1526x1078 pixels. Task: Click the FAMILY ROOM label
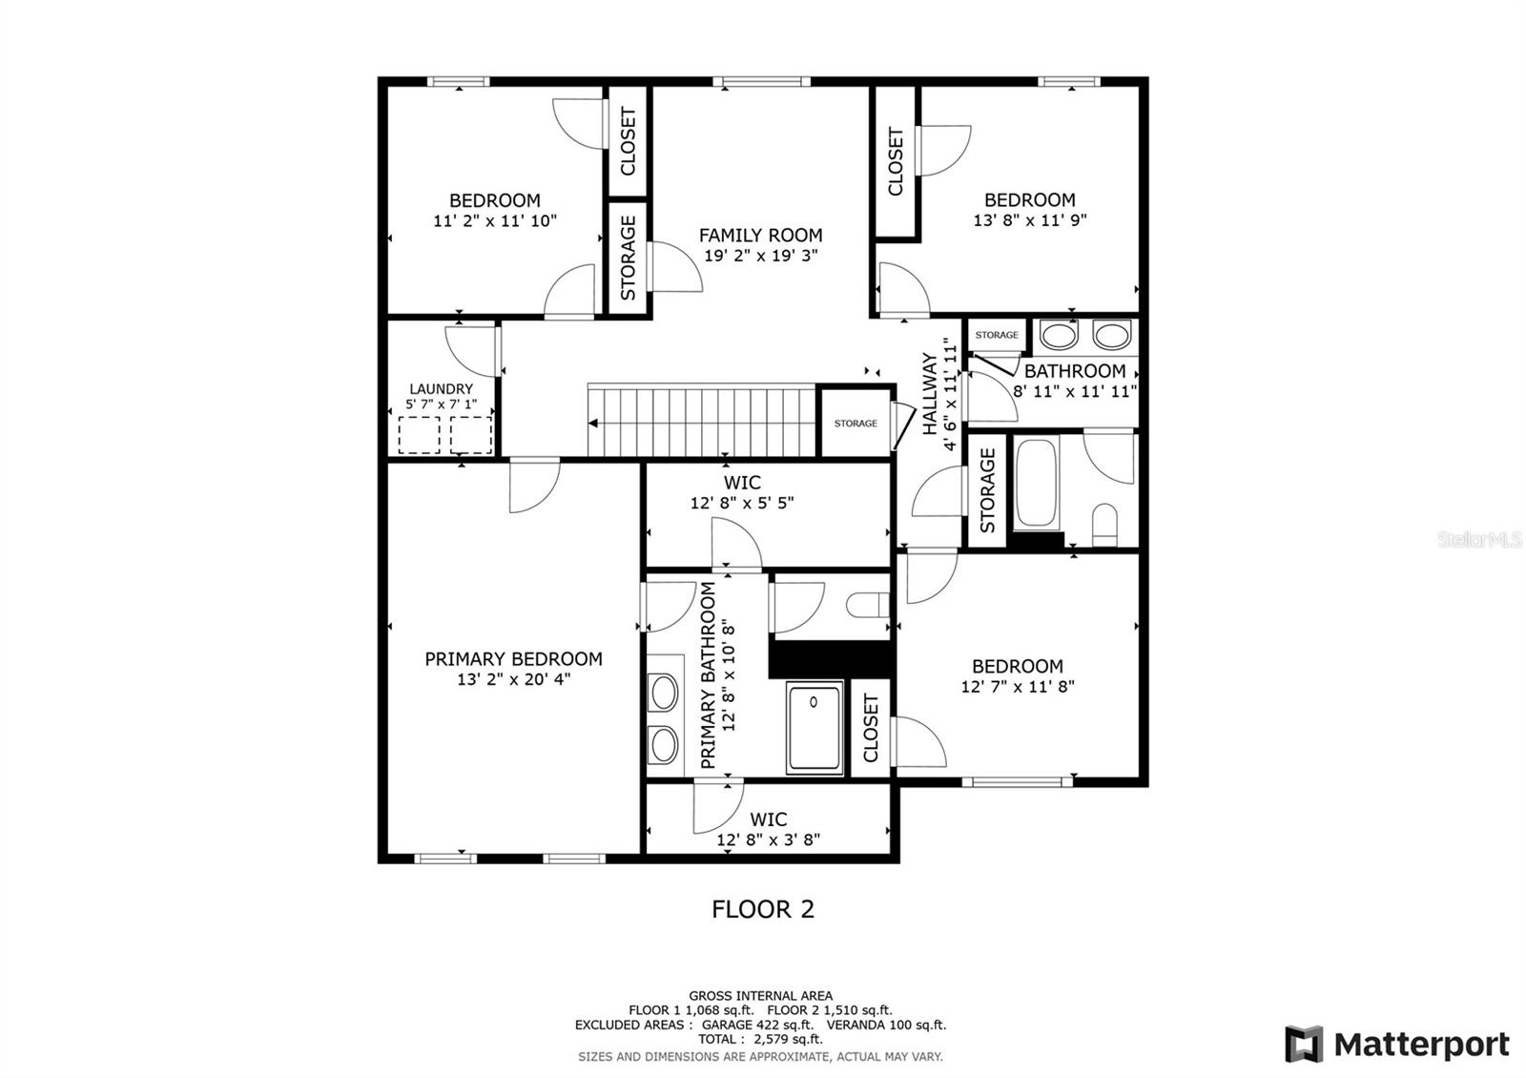(x=760, y=235)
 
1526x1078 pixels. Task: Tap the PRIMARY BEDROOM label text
(x=513, y=658)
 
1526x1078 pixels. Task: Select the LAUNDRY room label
(x=441, y=389)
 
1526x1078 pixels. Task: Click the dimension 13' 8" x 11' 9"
(x=1030, y=219)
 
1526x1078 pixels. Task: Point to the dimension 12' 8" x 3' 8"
(x=769, y=840)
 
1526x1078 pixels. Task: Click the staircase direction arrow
(x=594, y=423)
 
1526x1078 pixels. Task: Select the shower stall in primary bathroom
(x=815, y=727)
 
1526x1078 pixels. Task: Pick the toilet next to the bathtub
(x=1103, y=524)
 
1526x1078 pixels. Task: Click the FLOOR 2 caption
(x=763, y=909)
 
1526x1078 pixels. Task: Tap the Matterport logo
(x=1397, y=1044)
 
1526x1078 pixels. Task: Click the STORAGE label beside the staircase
(x=856, y=423)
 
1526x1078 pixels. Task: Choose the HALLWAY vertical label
(x=930, y=394)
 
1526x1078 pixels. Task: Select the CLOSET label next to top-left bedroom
(x=628, y=141)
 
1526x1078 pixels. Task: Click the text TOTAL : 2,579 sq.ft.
(x=760, y=1039)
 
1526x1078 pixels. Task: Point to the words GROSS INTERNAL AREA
(x=760, y=996)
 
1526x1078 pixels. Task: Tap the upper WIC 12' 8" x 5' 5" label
(x=742, y=493)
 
